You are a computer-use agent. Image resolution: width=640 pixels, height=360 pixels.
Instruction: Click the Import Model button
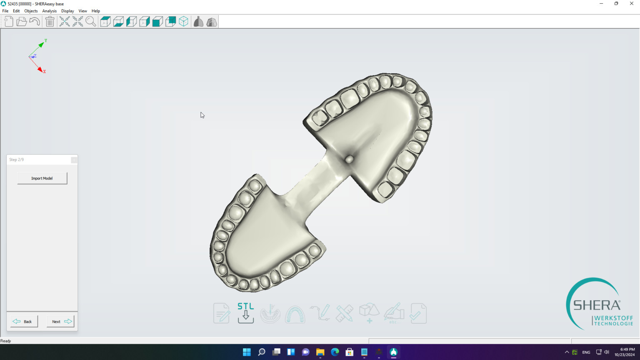(42, 178)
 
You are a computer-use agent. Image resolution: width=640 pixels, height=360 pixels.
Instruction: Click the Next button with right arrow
(61, 321)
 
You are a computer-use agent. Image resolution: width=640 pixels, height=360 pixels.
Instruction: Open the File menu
(5, 11)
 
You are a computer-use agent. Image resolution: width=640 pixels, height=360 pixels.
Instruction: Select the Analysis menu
(49, 11)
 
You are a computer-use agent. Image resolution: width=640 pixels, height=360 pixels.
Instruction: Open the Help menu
(95, 11)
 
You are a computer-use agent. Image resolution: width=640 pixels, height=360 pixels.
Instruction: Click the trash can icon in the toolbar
(50, 22)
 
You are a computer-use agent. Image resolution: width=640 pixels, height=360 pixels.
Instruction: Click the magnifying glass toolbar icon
(90, 22)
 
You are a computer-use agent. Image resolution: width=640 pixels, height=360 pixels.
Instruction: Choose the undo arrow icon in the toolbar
(35, 22)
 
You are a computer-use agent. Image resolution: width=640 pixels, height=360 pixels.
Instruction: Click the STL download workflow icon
(245, 313)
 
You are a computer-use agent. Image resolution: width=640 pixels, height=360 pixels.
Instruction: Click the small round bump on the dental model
(349, 159)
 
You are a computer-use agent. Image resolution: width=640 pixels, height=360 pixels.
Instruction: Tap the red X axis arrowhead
(40, 70)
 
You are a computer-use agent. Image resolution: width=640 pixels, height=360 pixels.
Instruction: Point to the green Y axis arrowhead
(41, 44)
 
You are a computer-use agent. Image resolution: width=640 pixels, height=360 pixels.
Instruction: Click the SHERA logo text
(597, 305)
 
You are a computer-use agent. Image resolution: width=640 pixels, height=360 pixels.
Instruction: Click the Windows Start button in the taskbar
(247, 352)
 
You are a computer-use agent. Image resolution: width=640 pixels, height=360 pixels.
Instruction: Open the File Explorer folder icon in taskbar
(320, 352)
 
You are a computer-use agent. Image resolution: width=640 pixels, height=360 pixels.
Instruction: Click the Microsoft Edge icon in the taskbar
(335, 352)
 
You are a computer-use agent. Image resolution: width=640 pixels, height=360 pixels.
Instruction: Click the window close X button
(631, 4)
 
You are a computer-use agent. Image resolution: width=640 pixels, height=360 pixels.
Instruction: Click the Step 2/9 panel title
(17, 160)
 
